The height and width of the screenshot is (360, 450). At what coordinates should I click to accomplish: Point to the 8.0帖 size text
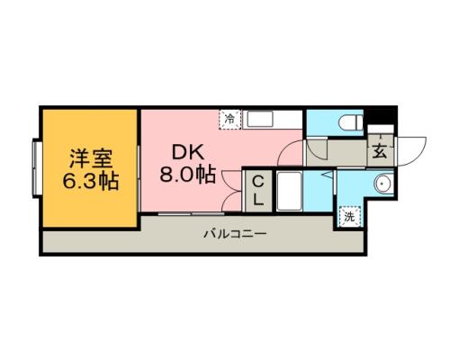(187, 174)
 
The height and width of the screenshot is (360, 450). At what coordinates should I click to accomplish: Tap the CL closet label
(256, 192)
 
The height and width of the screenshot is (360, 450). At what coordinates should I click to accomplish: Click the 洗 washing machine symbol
(348, 216)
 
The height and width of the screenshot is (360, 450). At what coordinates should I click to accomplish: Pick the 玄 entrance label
(380, 150)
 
